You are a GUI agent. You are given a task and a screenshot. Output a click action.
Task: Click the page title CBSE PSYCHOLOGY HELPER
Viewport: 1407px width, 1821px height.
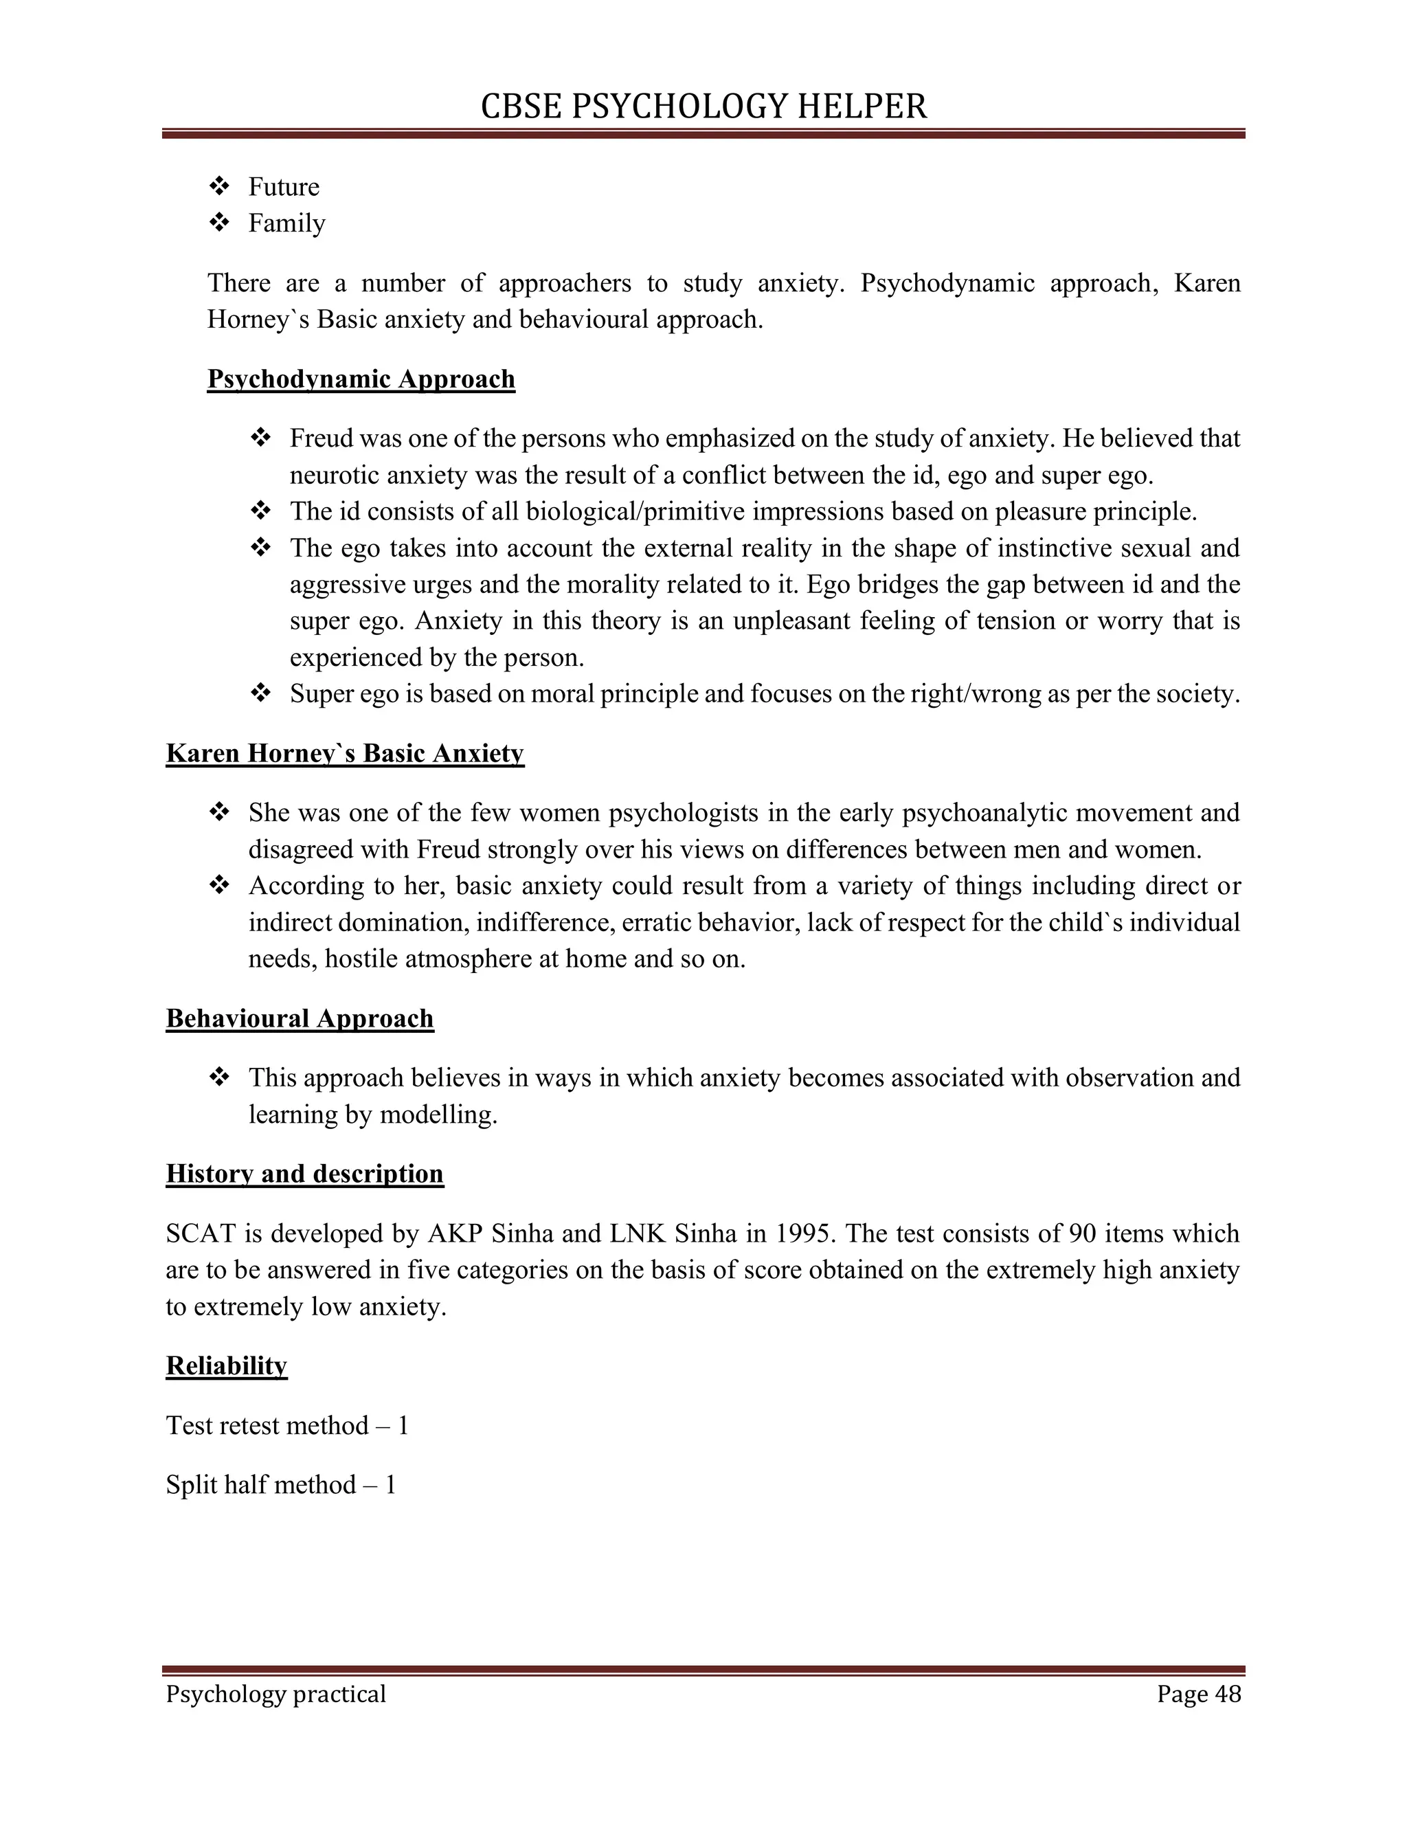pyautogui.click(x=703, y=107)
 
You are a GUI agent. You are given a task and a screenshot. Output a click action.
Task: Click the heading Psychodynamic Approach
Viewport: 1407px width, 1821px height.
pyautogui.click(x=361, y=379)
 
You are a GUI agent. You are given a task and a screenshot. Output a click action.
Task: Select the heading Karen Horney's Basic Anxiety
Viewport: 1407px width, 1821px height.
pyautogui.click(x=345, y=754)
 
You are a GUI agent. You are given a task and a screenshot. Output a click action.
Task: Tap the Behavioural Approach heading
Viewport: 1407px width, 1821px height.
pyautogui.click(x=300, y=1019)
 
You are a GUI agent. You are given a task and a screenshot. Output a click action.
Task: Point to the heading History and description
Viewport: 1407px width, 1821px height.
pyautogui.click(x=304, y=1174)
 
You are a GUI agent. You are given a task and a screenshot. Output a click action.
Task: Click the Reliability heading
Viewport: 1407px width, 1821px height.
pyautogui.click(x=226, y=1366)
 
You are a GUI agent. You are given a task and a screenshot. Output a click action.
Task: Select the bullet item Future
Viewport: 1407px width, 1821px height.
pyautogui.click(x=284, y=187)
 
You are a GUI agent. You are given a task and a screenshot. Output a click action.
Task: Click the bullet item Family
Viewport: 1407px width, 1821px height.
pyautogui.click(x=286, y=223)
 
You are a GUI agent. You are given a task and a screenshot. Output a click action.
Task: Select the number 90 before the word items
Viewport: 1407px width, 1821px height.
pyautogui.click(x=1083, y=1234)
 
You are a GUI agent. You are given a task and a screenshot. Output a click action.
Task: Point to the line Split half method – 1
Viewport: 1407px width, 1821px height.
pyautogui.click(x=281, y=1485)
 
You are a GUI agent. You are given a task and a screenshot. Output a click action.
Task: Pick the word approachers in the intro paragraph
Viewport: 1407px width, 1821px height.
pyautogui.click(x=565, y=284)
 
